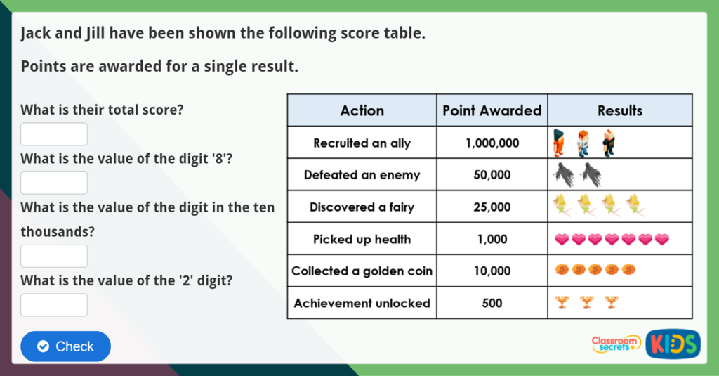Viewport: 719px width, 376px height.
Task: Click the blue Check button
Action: pos(66,346)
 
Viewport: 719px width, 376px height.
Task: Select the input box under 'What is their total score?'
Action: pos(54,134)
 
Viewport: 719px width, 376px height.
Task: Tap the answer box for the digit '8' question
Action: pos(54,183)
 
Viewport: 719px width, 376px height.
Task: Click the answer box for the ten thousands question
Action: pos(54,256)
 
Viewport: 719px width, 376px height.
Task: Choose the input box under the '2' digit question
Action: pos(54,304)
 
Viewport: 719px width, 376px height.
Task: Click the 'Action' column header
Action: pos(362,110)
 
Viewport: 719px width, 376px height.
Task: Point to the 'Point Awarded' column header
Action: pos(492,110)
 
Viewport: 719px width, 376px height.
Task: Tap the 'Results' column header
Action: pos(619,110)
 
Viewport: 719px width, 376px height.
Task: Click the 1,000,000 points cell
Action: pos(492,143)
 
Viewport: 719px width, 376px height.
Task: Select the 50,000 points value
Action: pos(492,175)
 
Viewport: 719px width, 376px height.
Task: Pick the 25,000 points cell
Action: pos(492,207)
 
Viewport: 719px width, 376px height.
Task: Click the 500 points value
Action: pos(492,304)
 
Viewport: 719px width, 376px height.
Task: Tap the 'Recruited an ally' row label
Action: pos(362,143)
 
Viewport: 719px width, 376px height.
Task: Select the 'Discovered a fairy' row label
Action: pos(362,207)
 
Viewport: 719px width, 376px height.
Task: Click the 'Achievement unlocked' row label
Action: pos(362,304)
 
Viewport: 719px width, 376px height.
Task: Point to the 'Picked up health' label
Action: pos(362,239)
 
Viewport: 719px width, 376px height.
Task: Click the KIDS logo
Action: pos(673,344)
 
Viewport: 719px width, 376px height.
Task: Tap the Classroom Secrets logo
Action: pos(616,344)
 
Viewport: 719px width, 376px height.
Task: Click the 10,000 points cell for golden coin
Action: pos(492,271)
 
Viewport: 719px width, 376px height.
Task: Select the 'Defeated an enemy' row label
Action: pos(362,175)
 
